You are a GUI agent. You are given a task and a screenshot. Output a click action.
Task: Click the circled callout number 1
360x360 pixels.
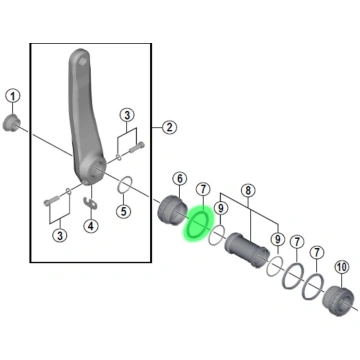13,97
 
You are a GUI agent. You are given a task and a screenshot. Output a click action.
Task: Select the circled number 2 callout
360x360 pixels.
170,127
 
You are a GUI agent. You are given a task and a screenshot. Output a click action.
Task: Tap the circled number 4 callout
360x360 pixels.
91,226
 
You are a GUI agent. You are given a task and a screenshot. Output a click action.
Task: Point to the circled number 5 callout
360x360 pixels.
124,211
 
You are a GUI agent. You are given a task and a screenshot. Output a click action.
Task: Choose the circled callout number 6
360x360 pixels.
180,179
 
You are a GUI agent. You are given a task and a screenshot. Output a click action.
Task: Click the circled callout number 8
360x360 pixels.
248,190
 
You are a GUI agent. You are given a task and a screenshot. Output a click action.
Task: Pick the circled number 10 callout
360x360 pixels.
342,267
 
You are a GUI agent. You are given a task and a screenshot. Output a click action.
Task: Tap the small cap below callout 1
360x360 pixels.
12,124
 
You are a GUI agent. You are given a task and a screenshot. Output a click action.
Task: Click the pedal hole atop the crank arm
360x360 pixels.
83,61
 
